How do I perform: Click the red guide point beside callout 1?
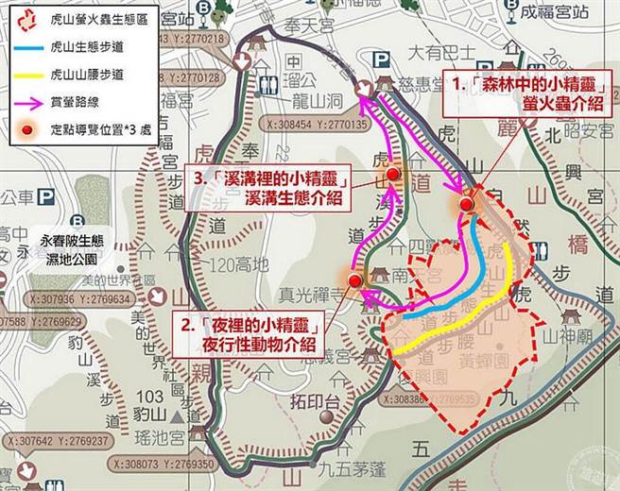(465, 202)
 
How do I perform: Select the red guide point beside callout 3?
(393, 175)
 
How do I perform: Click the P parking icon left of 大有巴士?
(382, 59)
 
